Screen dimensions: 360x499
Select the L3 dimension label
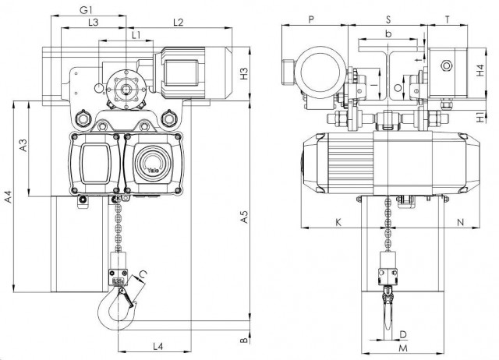tap(92, 23)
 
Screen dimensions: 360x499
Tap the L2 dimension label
tap(178, 23)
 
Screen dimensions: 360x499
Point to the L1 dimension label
tap(136, 34)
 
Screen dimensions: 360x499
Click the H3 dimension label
tap(245, 74)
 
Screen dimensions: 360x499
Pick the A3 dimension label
tap(23, 145)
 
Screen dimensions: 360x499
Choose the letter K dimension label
tap(338, 222)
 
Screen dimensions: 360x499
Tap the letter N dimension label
tap(461, 222)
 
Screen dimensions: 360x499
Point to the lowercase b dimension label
tap(388, 35)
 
